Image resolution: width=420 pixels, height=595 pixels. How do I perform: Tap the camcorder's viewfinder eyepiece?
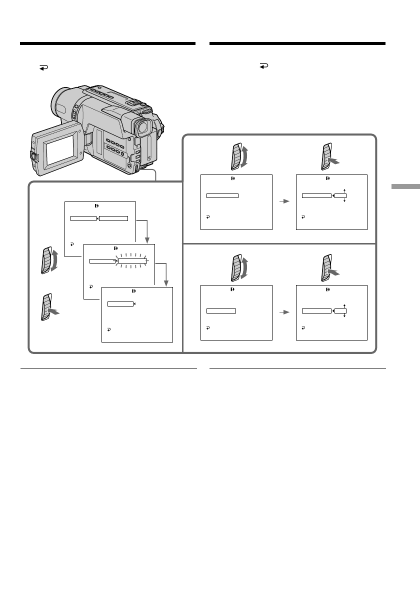coord(143,128)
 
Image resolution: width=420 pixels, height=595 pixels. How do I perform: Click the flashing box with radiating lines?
coord(131,260)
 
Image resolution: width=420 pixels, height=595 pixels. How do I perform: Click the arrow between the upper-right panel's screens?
coord(284,201)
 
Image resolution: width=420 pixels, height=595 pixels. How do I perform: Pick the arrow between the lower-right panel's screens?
coord(284,312)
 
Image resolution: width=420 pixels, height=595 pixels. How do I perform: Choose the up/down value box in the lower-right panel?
coord(340,311)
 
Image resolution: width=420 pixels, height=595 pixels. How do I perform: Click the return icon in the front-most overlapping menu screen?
coord(108,330)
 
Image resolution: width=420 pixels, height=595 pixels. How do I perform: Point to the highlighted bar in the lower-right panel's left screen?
coord(221,311)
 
